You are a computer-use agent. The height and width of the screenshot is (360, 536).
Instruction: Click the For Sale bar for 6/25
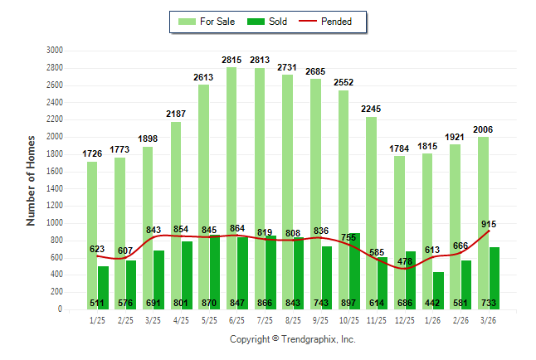coord(231,149)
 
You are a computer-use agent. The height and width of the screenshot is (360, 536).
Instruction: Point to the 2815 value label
coord(231,60)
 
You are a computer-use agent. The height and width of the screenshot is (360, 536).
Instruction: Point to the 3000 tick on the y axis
coord(55,50)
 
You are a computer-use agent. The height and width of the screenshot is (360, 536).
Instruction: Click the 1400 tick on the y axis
coord(55,188)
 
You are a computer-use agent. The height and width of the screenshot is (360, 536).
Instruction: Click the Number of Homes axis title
coord(31,180)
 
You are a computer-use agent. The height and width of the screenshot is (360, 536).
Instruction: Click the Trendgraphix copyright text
coord(292,339)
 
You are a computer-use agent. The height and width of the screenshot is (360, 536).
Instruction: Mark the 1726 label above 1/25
coord(92,154)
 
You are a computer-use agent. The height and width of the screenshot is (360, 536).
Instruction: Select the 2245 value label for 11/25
coord(371,109)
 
